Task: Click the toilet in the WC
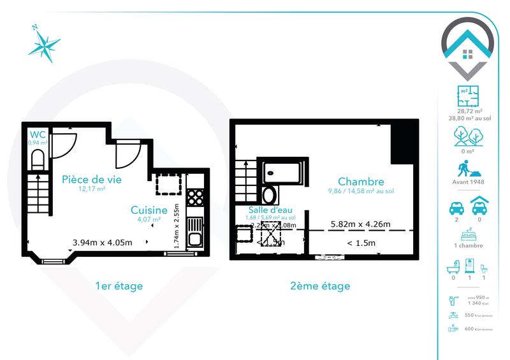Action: [36, 159]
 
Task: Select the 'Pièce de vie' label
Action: [91, 180]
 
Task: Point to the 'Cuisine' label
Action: [149, 210]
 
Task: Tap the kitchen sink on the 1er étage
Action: [195, 238]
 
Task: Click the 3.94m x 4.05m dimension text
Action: [102, 242]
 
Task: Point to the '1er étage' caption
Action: [118, 286]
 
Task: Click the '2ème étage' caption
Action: [324, 286]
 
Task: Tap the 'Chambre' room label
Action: [361, 181]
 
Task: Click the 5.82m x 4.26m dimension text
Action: [361, 224]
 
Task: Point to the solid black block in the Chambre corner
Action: [403, 143]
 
